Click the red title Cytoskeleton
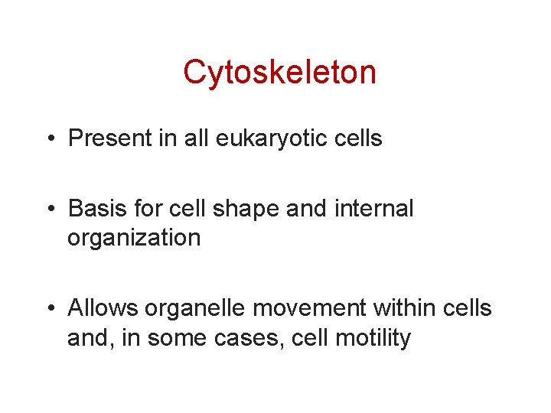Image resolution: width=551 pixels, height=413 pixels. [279, 73]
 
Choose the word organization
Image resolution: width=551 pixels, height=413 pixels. [134, 238]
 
